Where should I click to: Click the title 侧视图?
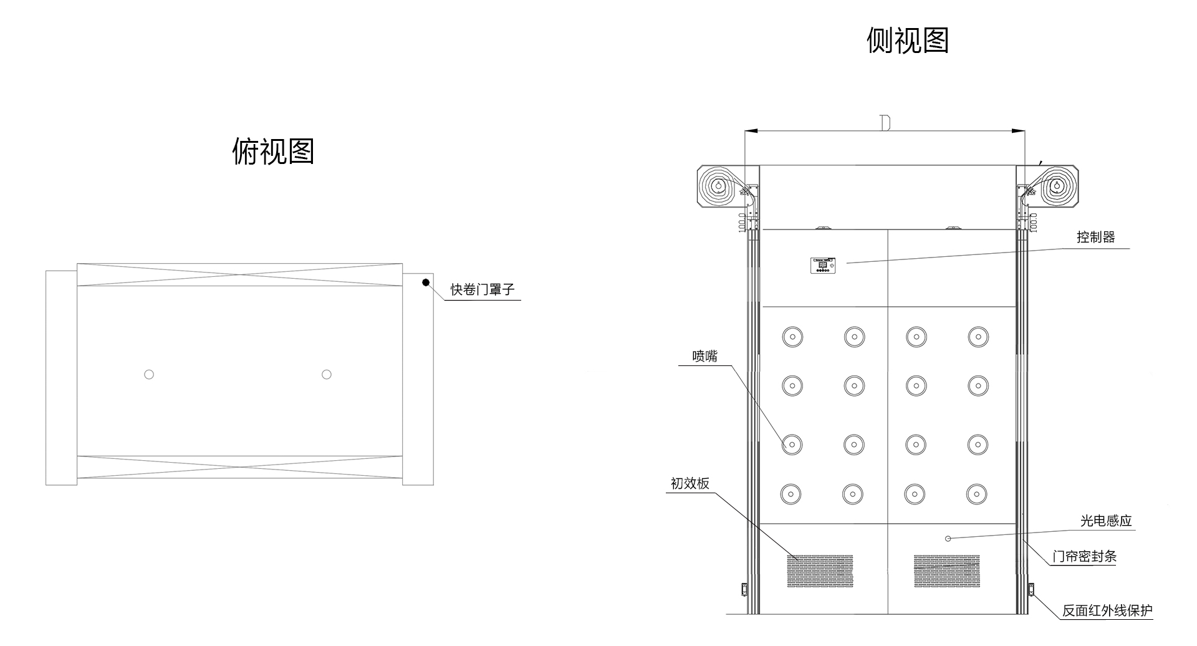pos(907,41)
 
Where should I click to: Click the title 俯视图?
pos(273,152)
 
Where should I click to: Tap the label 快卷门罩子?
pos(483,290)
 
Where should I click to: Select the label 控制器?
pos(1095,238)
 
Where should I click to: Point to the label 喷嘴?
pos(704,356)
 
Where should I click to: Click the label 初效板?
pos(690,483)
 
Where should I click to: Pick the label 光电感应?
pos(1105,521)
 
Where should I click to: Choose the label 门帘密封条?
pos(1084,556)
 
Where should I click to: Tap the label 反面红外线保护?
pos(1107,610)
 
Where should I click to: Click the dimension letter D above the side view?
pos(885,122)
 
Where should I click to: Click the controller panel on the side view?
pos(823,265)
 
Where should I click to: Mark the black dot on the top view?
pos(426,282)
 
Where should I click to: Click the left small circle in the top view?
pos(149,374)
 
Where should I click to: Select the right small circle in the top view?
pos(327,374)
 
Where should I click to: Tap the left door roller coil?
pos(719,186)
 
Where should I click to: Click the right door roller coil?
pos(1057,186)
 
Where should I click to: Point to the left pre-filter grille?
pos(820,571)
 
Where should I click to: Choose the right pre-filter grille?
pos(946,571)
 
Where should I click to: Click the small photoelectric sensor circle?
pos(948,538)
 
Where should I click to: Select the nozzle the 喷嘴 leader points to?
pos(792,445)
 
